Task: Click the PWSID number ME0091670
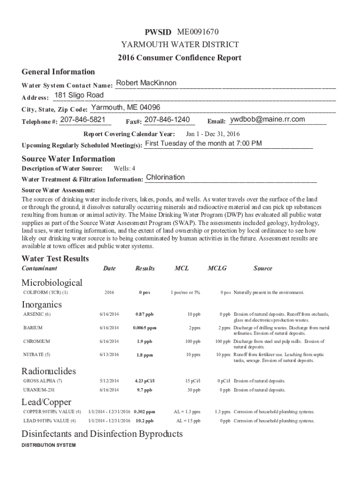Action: (198, 32)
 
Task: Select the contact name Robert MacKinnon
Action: (146, 83)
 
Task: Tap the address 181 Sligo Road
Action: (79, 95)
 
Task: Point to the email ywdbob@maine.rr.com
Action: (268, 119)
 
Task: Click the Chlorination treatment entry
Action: (166, 177)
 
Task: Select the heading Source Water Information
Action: (68, 159)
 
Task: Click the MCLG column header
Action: (217, 269)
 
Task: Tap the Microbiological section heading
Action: (52, 283)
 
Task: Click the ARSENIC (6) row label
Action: (36, 314)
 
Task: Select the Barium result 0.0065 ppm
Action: (144, 328)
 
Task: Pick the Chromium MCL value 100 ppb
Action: (192, 341)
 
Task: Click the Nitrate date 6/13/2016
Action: (109, 355)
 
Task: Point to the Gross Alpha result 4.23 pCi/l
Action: (144, 381)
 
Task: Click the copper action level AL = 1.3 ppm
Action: (187, 412)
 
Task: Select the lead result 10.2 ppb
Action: (144, 421)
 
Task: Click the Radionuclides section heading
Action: (49, 371)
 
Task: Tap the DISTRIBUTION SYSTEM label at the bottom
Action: (49, 445)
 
